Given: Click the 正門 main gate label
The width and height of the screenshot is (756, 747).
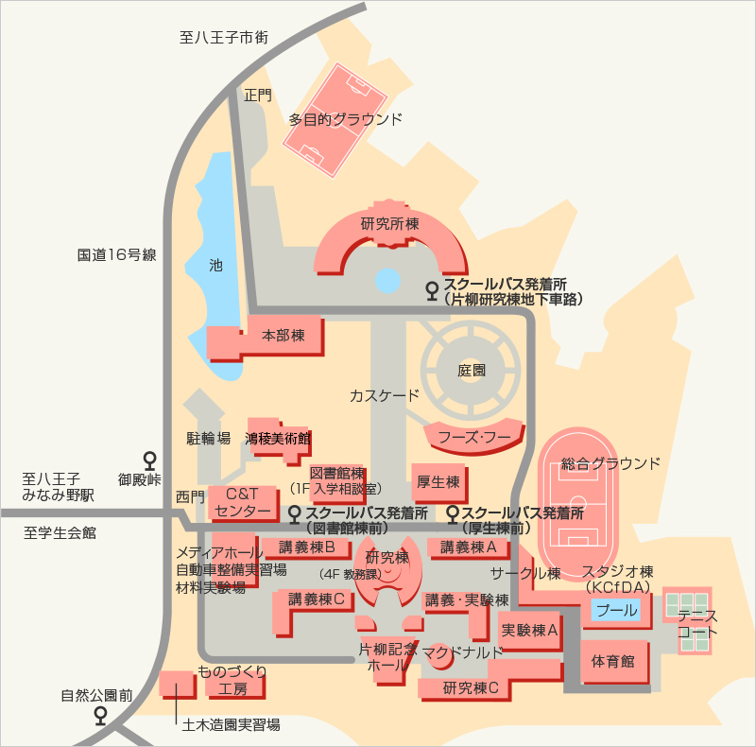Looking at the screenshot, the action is click(x=258, y=96).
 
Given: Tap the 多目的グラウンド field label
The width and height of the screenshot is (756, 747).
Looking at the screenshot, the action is click(x=345, y=119).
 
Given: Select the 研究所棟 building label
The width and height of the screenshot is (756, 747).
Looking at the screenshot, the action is click(x=390, y=223).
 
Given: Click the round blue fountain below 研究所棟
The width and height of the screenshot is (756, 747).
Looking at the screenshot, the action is click(x=387, y=281).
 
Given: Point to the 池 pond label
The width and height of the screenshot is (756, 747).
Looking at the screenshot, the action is click(x=215, y=265).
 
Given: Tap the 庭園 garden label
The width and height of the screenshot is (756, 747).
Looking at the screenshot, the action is click(x=471, y=370).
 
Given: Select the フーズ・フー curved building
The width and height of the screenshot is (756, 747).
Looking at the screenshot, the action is click(x=474, y=437).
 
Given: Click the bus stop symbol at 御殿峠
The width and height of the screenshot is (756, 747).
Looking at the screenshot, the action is click(x=150, y=460).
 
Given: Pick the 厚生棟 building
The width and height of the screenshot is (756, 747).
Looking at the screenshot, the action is click(x=439, y=482).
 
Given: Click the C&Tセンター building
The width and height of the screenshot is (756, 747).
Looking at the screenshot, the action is click(x=244, y=503).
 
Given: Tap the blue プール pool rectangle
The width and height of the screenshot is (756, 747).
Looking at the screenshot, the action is click(x=616, y=610).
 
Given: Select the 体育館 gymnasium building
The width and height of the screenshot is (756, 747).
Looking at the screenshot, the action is click(x=613, y=662).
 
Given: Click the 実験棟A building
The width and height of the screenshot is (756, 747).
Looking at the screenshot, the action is click(x=530, y=630).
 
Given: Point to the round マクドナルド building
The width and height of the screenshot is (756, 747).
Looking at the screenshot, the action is click(x=439, y=656).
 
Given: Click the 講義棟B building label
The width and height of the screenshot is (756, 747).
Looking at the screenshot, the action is click(x=306, y=547).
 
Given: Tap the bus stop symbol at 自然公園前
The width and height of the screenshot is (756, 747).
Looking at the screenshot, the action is click(x=100, y=715).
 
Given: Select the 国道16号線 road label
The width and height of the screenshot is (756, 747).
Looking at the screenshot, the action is click(x=116, y=254).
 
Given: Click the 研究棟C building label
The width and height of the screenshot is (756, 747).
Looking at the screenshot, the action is click(x=471, y=687).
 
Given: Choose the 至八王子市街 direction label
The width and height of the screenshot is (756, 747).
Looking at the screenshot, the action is click(x=224, y=37).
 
